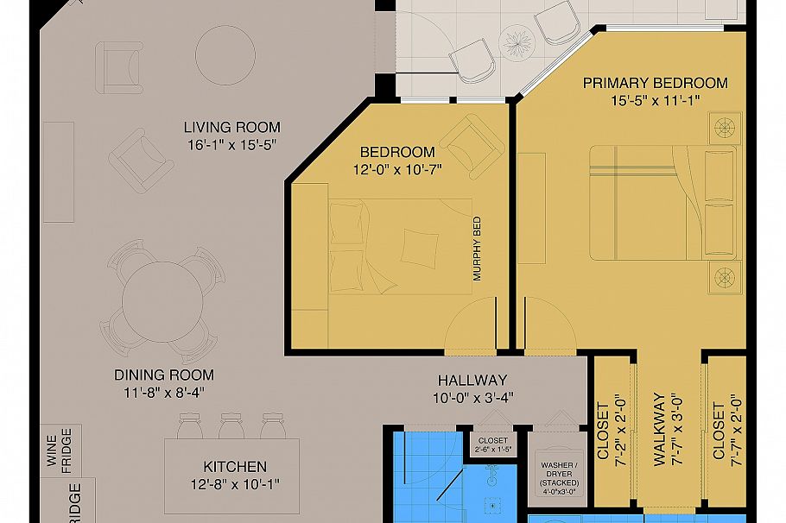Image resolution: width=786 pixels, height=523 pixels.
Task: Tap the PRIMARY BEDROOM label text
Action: [x=655, y=83]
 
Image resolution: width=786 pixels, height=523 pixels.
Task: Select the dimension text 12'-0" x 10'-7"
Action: [x=397, y=169]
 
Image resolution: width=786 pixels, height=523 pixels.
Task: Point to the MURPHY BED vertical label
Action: [x=477, y=249]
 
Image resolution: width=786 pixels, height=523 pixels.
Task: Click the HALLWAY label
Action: [x=472, y=380]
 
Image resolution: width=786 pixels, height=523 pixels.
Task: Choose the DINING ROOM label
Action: [x=164, y=375]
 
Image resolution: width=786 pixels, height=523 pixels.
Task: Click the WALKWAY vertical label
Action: [x=659, y=430]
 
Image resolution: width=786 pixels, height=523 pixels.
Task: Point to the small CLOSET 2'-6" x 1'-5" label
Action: [x=493, y=444]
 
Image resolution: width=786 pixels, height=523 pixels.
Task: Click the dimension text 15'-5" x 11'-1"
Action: [x=655, y=100]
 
